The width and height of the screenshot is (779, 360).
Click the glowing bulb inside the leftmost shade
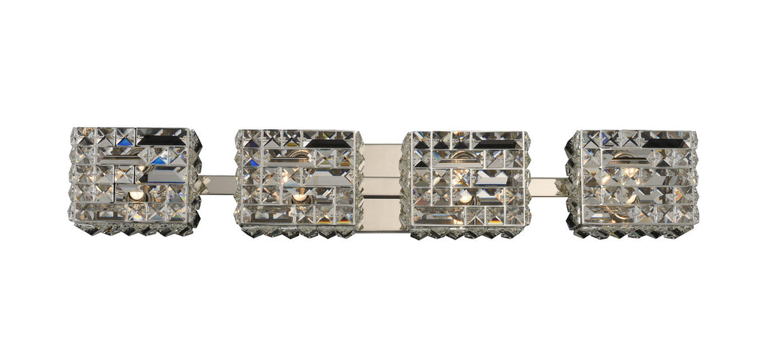[135, 196]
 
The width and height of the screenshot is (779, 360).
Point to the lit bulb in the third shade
[466, 196]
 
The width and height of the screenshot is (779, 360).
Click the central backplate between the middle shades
[382, 188]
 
